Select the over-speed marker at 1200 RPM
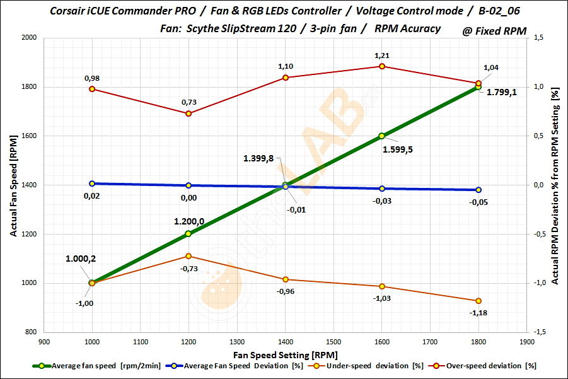pos(188,114)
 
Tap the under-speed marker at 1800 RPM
pos(478,301)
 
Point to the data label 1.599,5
pos(402,149)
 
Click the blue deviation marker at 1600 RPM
pos(382,189)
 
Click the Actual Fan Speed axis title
pos(13,185)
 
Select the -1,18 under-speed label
pos(479,313)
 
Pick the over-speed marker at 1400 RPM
pos(286,78)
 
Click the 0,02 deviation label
pos(92,197)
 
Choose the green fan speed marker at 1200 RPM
pos(188,234)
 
